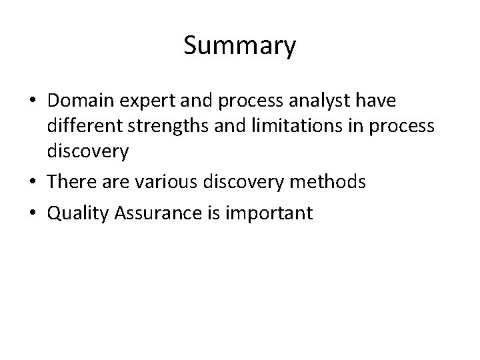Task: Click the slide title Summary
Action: click(x=239, y=46)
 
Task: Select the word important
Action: click(x=276, y=214)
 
